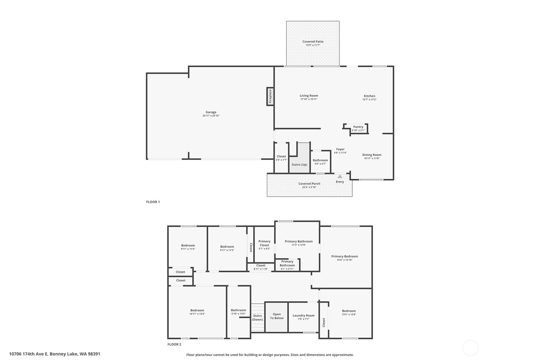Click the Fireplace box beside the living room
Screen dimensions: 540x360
point(270,96)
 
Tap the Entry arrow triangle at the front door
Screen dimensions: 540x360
point(340,177)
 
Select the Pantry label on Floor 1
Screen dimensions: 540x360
point(358,127)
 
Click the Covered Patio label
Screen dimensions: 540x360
point(313,41)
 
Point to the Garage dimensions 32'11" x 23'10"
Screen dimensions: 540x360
point(211,116)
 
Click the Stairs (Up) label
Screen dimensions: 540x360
point(299,165)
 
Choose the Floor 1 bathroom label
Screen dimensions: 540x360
point(320,160)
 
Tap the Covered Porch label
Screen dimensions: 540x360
point(309,183)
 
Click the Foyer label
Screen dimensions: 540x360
point(340,149)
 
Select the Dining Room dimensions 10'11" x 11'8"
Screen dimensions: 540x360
point(372,159)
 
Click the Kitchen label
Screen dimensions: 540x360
point(369,96)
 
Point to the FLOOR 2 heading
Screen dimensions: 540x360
point(174,344)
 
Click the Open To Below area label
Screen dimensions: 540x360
point(277,316)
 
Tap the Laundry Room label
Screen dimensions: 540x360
point(304,315)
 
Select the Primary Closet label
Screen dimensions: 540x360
point(264,243)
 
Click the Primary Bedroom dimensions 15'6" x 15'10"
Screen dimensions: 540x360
point(345,260)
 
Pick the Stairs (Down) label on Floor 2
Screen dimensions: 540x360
point(257,318)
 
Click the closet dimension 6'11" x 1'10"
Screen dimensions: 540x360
point(261,269)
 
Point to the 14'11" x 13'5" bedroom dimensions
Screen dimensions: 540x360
point(197,314)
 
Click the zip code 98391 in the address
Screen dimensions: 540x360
point(94,354)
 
